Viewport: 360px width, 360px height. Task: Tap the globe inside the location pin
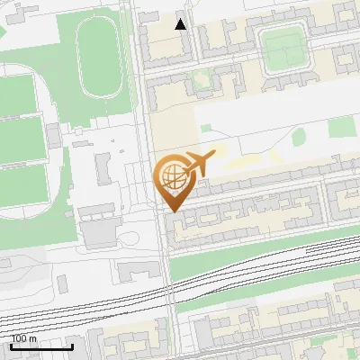(x=171, y=177)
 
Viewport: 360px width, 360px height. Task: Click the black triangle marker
(x=181, y=24)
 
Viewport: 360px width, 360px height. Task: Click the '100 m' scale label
(x=24, y=338)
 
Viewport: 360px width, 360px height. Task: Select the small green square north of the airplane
(x=205, y=130)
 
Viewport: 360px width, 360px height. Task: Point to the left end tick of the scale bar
(x=11, y=346)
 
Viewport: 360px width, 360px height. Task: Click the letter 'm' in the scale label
(x=34, y=338)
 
